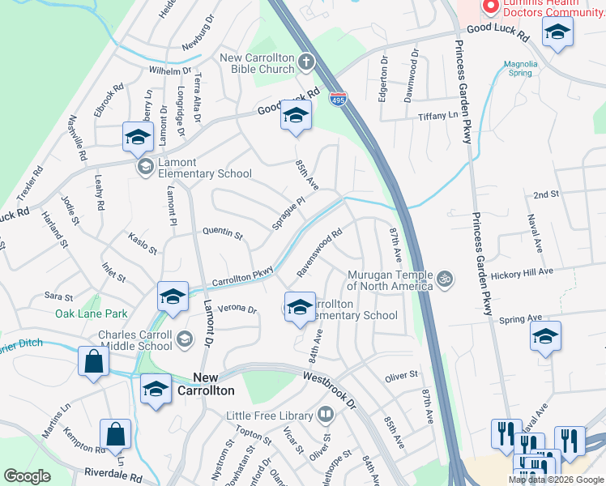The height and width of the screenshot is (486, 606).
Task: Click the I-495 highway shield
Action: click(339, 99)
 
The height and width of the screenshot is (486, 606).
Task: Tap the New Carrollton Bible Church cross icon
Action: click(306, 61)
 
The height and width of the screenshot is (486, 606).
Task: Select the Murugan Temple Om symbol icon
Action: click(443, 279)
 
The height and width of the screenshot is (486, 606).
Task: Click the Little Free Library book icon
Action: click(325, 416)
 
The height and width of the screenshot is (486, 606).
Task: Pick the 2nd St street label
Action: click(546, 194)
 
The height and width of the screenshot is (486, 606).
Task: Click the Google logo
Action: click(27, 475)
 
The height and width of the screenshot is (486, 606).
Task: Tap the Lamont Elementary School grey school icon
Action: click(145, 167)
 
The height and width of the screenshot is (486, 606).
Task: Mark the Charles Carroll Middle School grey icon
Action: click(186, 338)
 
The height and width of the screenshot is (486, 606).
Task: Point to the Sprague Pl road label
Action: click(288, 212)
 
